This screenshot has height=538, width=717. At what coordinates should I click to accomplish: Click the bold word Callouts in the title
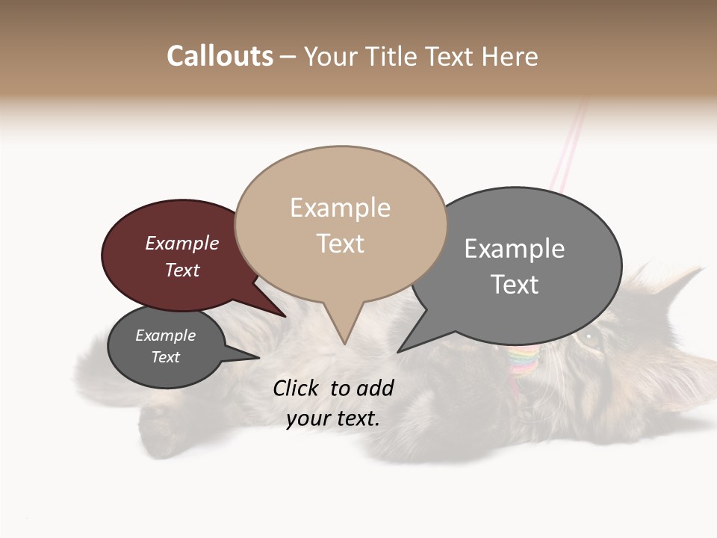pos(220,56)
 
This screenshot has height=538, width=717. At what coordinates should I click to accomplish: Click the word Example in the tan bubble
pos(340,208)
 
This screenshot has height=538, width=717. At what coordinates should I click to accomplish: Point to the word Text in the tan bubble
pos(341,244)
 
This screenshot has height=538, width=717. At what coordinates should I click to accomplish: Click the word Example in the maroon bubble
pos(182,243)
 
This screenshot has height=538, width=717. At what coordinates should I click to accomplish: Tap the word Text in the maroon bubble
pos(182,270)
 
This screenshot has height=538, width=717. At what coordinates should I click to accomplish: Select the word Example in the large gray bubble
pos(515,249)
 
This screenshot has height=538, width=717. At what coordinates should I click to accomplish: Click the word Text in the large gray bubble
pos(515,285)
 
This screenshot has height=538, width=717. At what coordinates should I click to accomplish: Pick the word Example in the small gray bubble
pos(166,336)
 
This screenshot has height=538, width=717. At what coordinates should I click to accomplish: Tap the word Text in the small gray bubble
pos(166,357)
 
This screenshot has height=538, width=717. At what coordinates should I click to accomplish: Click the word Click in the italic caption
pos(297,388)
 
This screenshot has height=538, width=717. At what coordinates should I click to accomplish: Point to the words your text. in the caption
pos(333,418)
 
